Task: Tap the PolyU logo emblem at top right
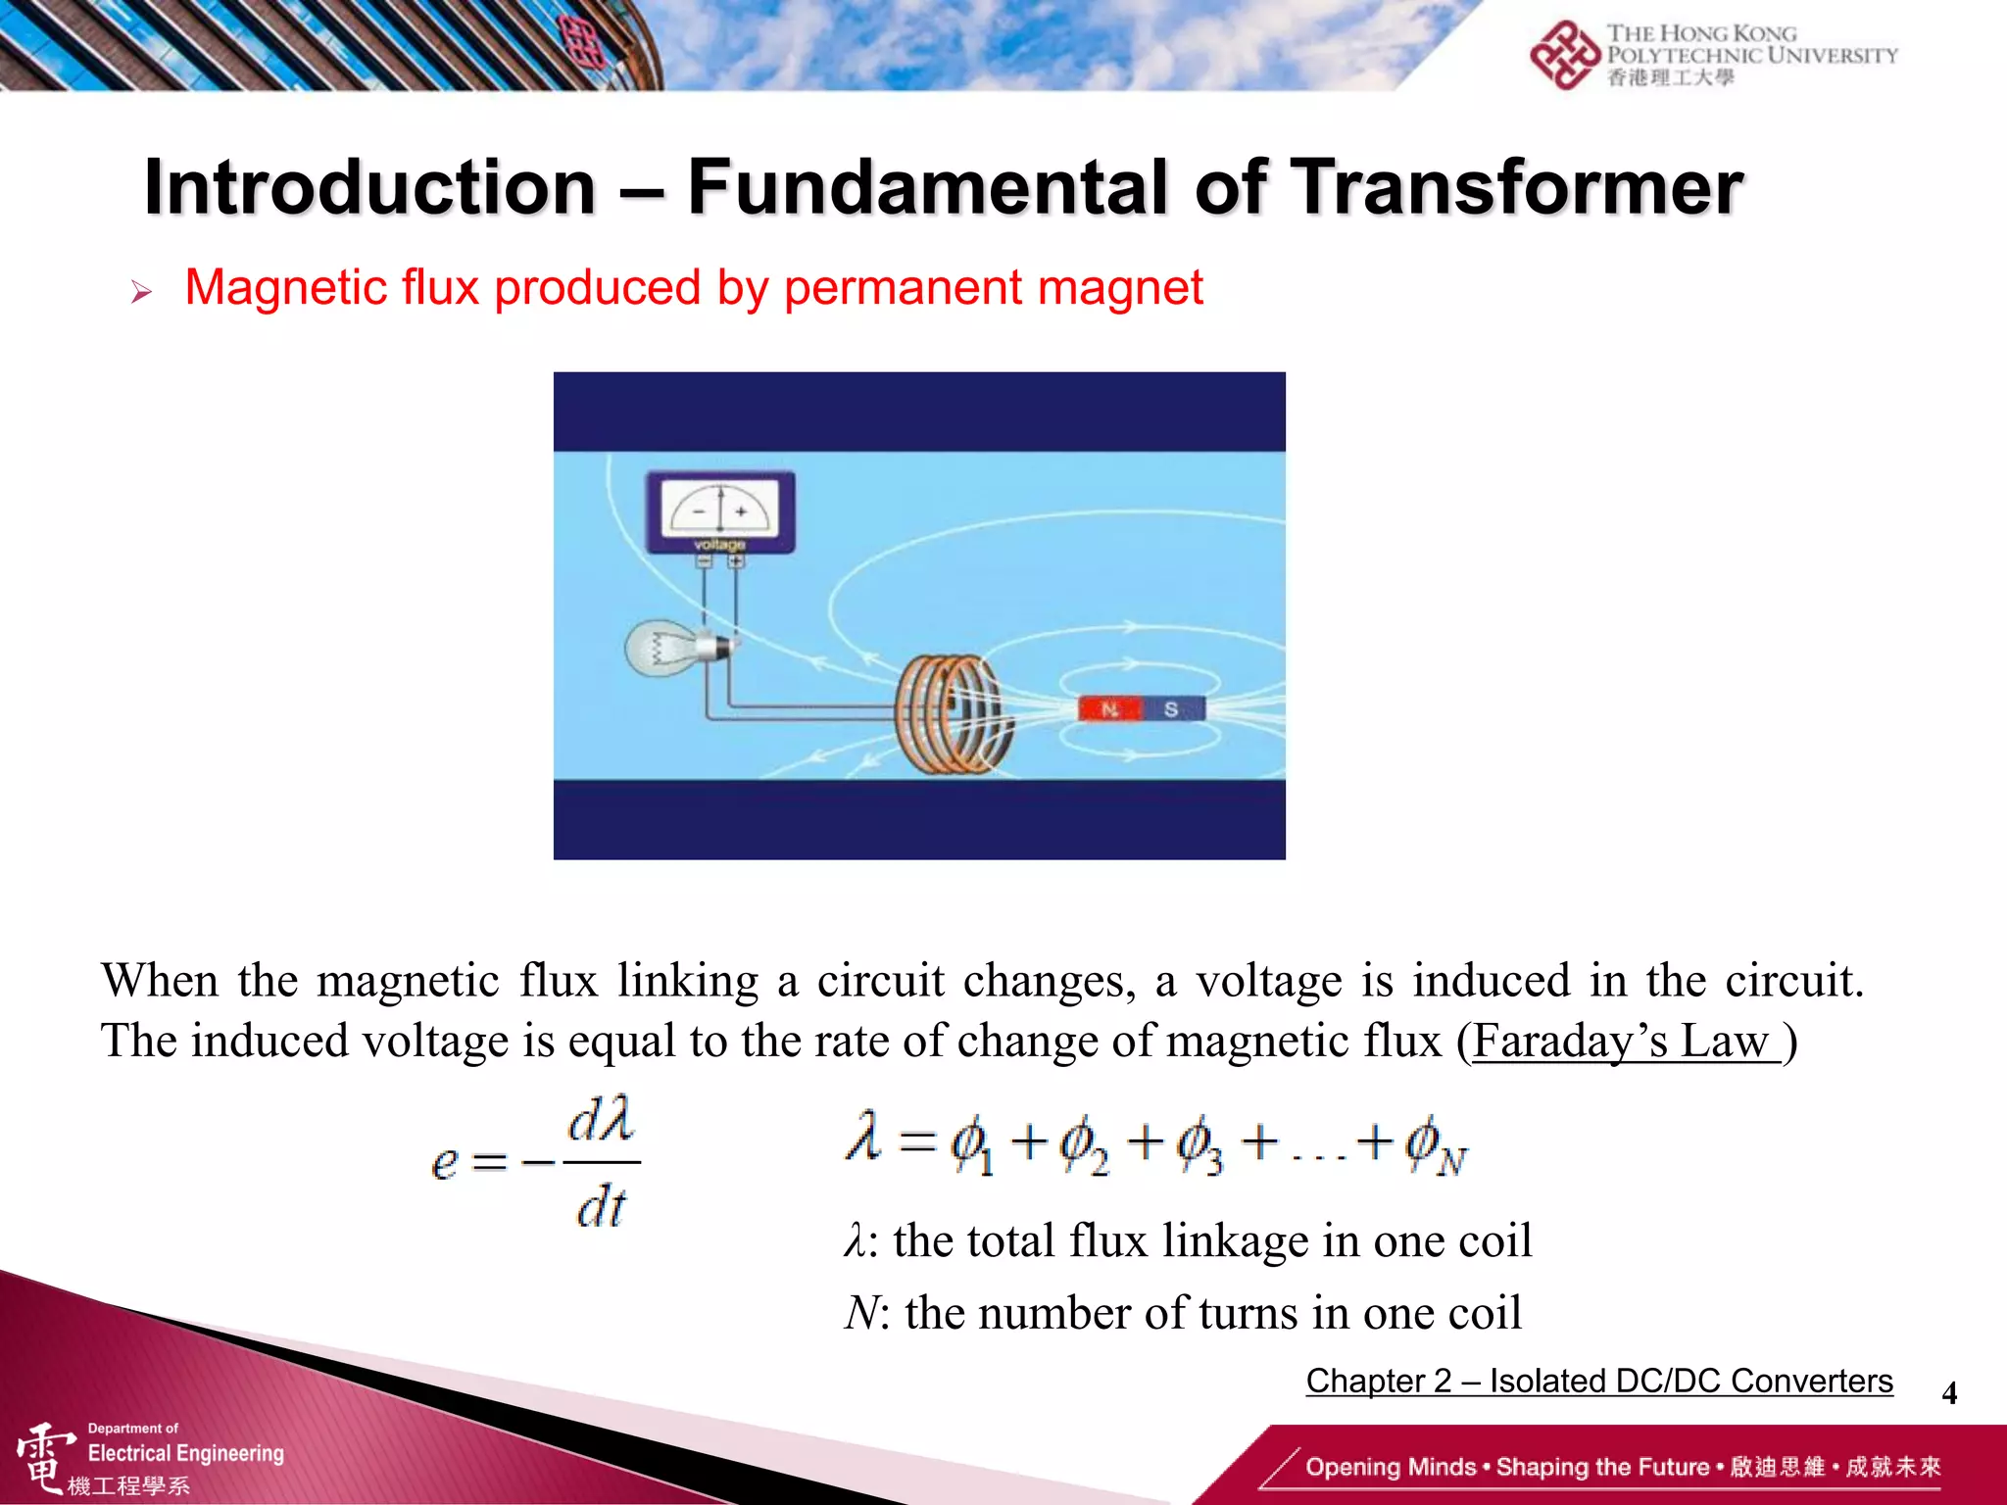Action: point(1565,55)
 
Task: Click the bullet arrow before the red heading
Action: point(141,292)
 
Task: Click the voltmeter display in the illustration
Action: point(720,510)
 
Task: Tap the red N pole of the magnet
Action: point(1109,708)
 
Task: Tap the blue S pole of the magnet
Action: point(1171,708)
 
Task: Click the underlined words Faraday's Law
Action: point(1625,1041)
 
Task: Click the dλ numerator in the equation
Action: point(601,1120)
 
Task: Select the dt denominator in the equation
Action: point(601,1207)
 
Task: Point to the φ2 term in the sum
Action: point(1084,1146)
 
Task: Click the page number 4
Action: point(1949,1392)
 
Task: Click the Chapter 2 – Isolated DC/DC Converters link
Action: point(1598,1381)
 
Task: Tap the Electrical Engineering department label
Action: point(185,1453)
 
